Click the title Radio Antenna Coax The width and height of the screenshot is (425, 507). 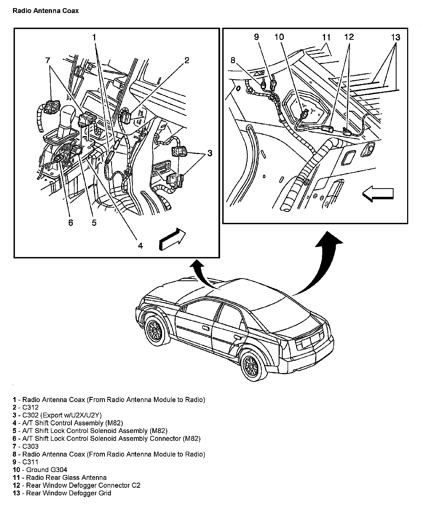coord(46,11)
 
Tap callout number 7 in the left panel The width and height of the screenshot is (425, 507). coord(48,60)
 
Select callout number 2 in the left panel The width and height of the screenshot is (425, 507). coord(186,60)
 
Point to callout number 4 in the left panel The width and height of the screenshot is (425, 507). coord(140,246)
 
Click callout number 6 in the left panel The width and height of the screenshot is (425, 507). coord(71,223)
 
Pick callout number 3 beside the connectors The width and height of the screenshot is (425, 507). coord(210,153)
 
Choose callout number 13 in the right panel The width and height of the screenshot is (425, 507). coord(395,37)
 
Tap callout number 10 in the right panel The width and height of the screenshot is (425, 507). coord(279,37)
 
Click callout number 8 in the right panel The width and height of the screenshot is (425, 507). coord(233,60)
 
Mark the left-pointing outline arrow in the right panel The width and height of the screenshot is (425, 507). coord(378,194)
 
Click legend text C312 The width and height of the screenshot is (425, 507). coord(30,407)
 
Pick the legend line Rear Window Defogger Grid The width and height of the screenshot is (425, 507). coord(69,493)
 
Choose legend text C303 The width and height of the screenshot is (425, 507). coord(30,446)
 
